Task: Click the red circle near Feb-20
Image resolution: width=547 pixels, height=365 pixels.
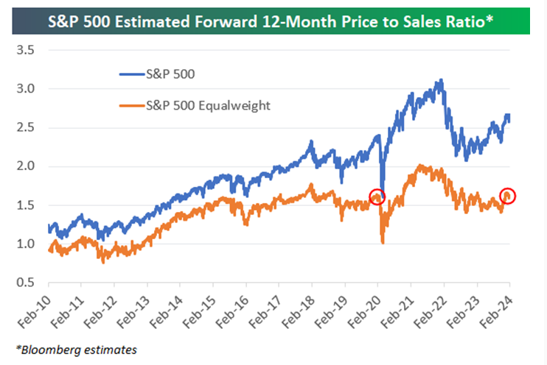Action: click(377, 196)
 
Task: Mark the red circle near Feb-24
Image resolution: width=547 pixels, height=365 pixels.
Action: click(507, 195)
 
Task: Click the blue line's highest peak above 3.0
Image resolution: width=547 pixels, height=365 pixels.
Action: click(441, 80)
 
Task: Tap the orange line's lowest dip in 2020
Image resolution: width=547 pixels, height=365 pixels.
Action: click(383, 241)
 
